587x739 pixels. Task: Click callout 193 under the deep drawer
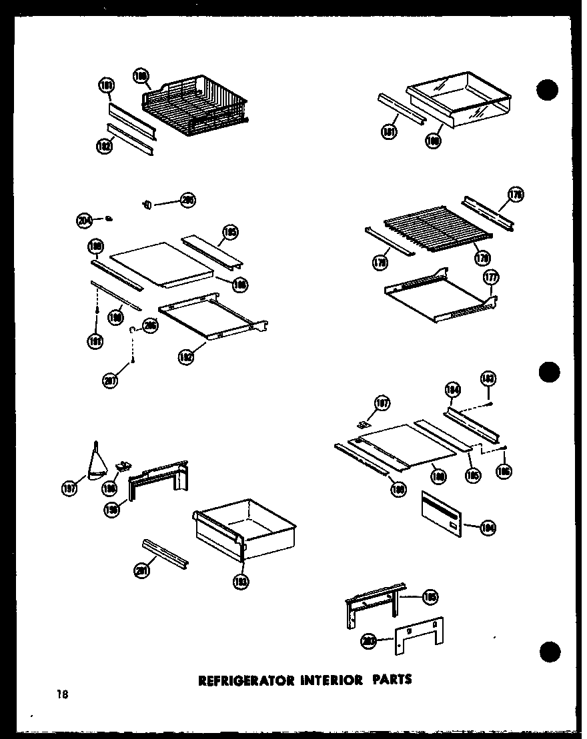tap(241, 581)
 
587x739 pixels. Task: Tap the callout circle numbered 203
tap(368, 641)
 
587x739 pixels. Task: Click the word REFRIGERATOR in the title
tap(237, 680)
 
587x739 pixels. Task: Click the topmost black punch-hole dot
tap(548, 91)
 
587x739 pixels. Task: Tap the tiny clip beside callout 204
tap(109, 217)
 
